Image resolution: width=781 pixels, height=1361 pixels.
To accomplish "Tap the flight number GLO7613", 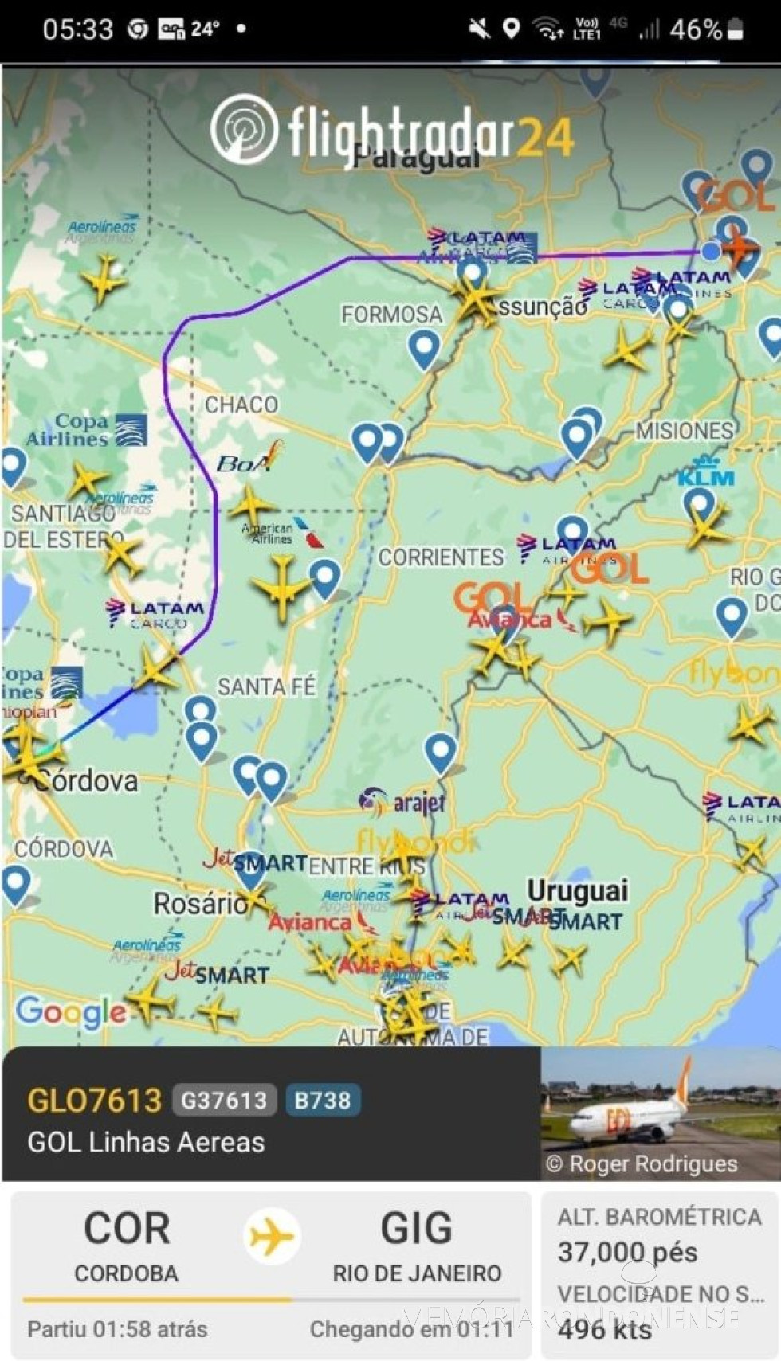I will click(94, 1100).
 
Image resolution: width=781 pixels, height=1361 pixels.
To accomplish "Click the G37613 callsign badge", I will click(224, 1100).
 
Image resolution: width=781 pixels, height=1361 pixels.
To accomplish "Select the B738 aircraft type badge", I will click(322, 1100).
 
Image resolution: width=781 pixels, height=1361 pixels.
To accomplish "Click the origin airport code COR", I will click(127, 1227).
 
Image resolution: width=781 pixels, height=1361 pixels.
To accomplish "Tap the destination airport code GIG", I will click(416, 1227).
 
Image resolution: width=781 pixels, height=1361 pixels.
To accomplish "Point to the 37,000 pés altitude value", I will click(627, 1252).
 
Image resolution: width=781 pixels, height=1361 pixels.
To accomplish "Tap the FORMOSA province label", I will click(391, 315).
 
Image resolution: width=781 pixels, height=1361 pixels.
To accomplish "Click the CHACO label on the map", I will click(241, 405).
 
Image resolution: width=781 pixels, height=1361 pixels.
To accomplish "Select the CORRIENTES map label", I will click(441, 557).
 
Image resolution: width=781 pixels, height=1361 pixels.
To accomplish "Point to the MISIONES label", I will click(685, 431).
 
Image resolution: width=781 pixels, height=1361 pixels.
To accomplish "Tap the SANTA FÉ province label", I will click(266, 686).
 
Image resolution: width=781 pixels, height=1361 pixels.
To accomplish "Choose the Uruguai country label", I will click(578, 890).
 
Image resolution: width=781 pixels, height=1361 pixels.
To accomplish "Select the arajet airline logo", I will click(402, 802).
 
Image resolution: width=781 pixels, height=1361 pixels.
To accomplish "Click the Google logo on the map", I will click(70, 1011).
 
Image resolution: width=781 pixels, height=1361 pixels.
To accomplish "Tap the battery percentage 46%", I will click(696, 29).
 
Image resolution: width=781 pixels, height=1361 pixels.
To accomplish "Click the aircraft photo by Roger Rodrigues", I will click(660, 1113).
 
